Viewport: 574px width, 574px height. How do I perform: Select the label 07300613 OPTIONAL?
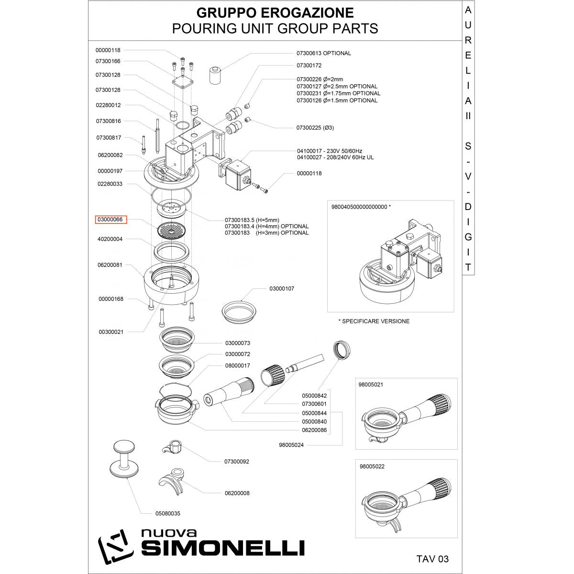click(x=323, y=53)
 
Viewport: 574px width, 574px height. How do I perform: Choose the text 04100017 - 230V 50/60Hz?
click(x=330, y=150)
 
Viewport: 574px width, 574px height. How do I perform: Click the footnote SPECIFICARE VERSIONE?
click(x=374, y=321)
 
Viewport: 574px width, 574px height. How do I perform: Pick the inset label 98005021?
click(x=371, y=385)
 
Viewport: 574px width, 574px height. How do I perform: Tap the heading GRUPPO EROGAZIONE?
click(x=275, y=11)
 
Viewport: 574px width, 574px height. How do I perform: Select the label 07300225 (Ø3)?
click(x=315, y=128)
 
